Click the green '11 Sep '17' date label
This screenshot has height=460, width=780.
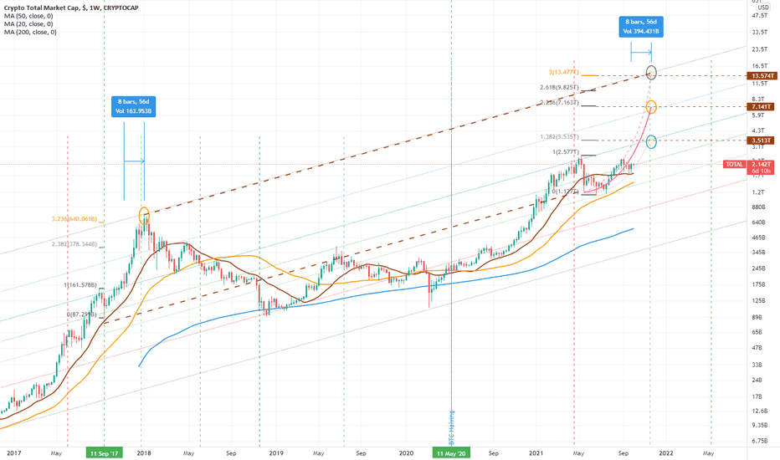tap(105, 452)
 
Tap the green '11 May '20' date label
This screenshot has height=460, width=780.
tap(451, 452)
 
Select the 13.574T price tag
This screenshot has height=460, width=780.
tap(759, 75)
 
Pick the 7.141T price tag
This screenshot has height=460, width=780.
tap(759, 107)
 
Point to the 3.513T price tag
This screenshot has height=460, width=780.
tap(759, 141)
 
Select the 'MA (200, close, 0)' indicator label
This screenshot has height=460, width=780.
tap(31, 33)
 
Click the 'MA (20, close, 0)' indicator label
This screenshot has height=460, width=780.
tap(28, 24)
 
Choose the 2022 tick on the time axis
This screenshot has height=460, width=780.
tap(665, 452)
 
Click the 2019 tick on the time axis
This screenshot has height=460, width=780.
tap(275, 452)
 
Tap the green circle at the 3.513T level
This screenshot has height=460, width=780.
tap(650, 141)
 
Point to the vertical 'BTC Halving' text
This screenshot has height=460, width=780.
tap(451, 427)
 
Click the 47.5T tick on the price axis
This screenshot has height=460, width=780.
tap(759, 15)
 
